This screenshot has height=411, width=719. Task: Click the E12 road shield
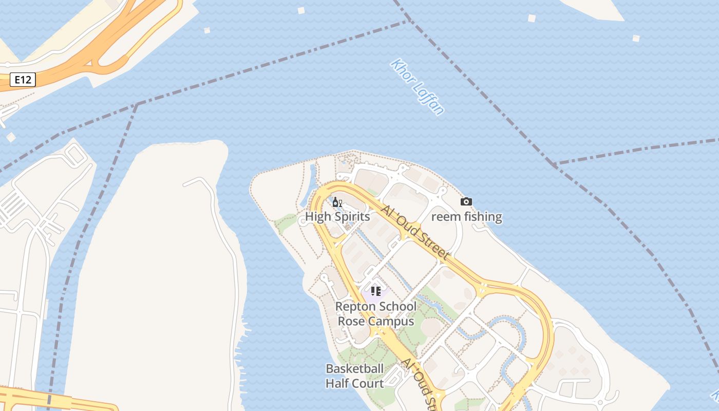tap(23, 80)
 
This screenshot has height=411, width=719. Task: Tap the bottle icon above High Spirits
tap(337, 202)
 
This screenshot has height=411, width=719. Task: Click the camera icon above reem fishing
tap(466, 202)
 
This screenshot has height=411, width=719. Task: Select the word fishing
tap(480, 217)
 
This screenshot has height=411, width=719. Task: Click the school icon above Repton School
tap(376, 291)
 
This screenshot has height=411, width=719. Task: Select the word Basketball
tap(355, 368)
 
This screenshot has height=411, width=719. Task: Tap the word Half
tap(336, 384)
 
